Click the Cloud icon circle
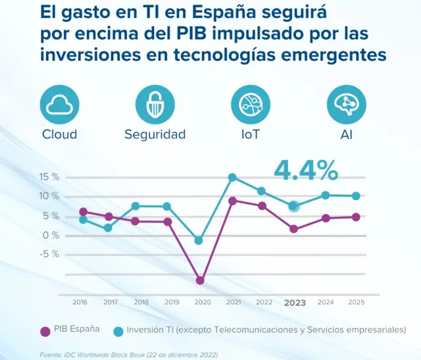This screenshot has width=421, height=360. coord(60,104)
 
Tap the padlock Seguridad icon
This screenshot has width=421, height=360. coord(155,104)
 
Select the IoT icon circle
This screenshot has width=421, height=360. coord(251,104)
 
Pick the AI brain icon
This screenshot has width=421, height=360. coord(347,104)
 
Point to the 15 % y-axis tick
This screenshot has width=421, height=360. coord(49,177)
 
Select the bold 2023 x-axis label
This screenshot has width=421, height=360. coord(294,303)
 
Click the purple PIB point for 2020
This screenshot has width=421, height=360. coord(200,280)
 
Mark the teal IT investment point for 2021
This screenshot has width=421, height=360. coord(232,177)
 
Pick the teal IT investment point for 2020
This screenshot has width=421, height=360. coord(199,240)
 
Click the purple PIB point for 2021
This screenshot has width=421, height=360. coord(232,201)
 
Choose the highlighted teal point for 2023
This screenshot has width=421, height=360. coord(294,206)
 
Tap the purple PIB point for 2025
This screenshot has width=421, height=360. coord(356,217)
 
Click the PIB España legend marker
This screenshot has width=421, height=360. coord(45,330)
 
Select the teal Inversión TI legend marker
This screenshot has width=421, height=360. coord(119,330)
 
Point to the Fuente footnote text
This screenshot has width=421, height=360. coord(128,355)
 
